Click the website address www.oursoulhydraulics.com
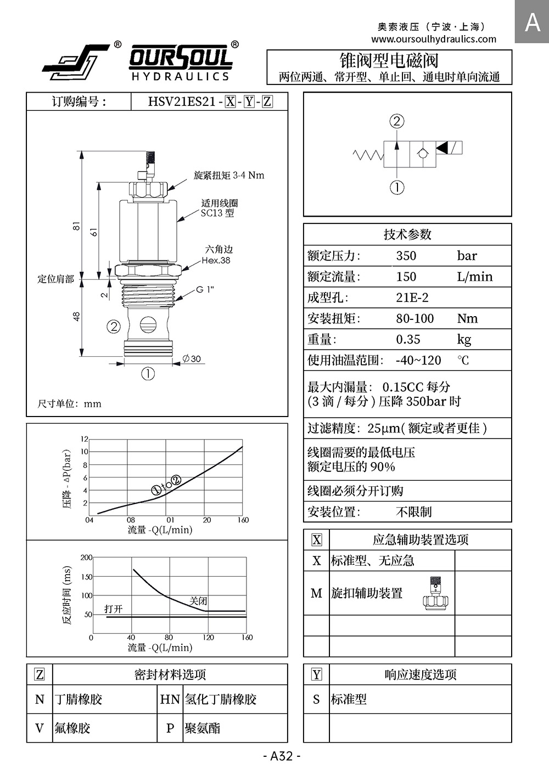pos(433,39)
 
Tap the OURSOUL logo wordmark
pos(181,58)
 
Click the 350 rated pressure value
pos(406,256)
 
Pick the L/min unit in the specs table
pos(475,277)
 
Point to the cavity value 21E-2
pos(412,297)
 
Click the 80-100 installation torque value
pos(414,318)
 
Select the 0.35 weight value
pos(408,339)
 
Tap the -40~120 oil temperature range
pos(418,360)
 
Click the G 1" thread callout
pos(205,289)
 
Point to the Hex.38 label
pos(216,261)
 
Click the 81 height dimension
pos(77,226)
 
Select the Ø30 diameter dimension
pos(192,359)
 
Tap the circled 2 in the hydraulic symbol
pos(397,121)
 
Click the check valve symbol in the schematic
pos(421,154)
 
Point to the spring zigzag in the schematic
pos(368,155)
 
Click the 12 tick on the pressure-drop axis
pos(84,439)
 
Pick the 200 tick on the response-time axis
pos(86,558)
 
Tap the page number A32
pos(282,756)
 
